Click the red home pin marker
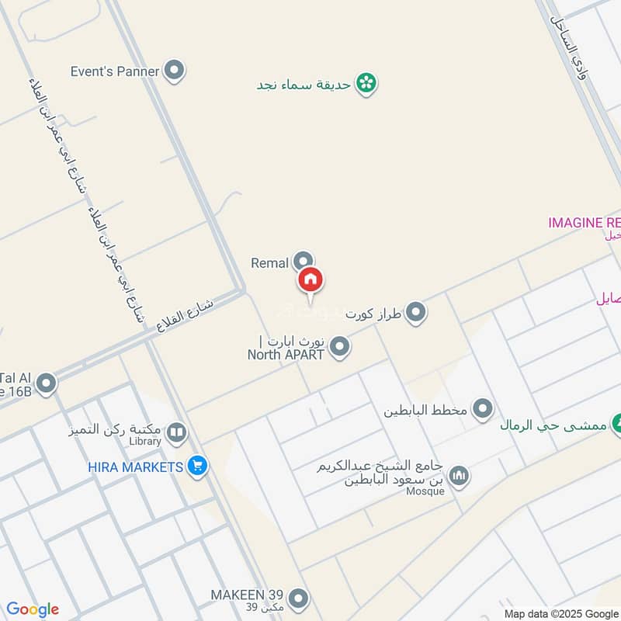tap(310, 280)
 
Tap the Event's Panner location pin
tap(175, 71)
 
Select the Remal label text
tap(269, 263)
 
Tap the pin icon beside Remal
tap(304, 262)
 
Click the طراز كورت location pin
tap(416, 313)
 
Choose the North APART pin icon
tap(339, 348)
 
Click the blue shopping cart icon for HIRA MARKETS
tap(197, 467)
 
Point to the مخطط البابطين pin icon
tap(484, 408)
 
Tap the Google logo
tap(33, 609)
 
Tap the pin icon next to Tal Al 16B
tap(47, 383)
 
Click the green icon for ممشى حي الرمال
tap(617, 424)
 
